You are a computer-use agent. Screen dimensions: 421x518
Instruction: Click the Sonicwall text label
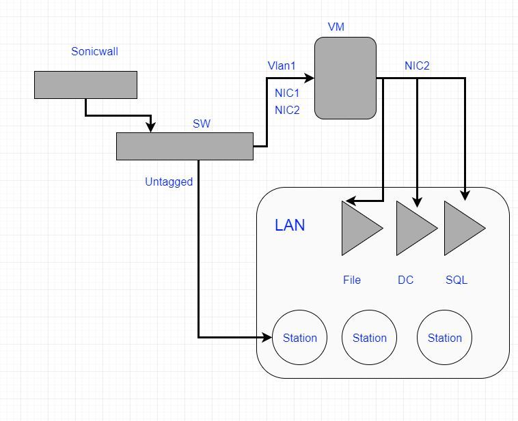pyautogui.click(x=94, y=51)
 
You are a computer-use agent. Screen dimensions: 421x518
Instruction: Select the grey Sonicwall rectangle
pyautogui.click(x=85, y=85)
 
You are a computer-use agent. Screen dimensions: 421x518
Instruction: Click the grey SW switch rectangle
pyautogui.click(x=185, y=146)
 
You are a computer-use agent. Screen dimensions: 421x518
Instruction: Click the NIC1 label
pyautogui.click(x=287, y=93)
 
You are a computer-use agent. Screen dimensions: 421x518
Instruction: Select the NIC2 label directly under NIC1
pyautogui.click(x=287, y=110)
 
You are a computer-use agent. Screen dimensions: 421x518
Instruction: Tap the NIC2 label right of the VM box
pyautogui.click(x=417, y=66)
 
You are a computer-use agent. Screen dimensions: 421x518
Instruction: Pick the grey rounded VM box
pyautogui.click(x=345, y=77)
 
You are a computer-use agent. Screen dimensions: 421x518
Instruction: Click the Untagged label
pyautogui.click(x=169, y=182)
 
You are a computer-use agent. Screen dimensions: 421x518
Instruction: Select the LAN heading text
pyautogui.click(x=290, y=225)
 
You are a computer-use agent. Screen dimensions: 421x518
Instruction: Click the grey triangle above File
pyautogui.click(x=359, y=228)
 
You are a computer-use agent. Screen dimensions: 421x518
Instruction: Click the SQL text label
pyautogui.click(x=456, y=280)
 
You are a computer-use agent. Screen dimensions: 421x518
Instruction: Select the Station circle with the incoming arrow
pyautogui.click(x=300, y=338)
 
